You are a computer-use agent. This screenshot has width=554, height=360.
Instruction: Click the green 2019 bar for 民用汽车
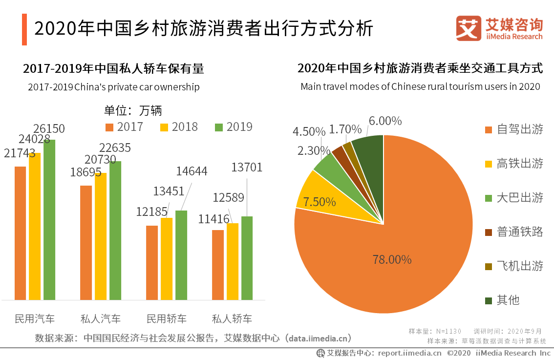(49, 220)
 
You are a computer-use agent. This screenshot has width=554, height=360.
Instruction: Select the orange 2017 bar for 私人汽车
(86, 242)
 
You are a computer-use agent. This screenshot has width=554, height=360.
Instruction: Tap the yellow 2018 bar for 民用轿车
(167, 259)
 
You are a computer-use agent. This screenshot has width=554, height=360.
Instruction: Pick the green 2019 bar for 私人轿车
(247, 258)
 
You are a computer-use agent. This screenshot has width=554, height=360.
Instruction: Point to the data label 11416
(214, 219)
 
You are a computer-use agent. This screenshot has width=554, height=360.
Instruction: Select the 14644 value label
(192, 171)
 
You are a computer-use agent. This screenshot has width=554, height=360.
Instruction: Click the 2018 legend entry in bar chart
(179, 127)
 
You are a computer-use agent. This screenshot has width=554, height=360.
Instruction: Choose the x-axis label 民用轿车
(167, 319)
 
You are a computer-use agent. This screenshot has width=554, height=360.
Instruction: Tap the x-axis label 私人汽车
(101, 319)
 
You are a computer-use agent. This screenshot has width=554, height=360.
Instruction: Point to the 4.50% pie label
(309, 132)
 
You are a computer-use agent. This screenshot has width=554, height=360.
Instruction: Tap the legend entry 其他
(508, 300)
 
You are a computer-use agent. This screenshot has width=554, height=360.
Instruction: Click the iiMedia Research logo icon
(469, 28)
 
